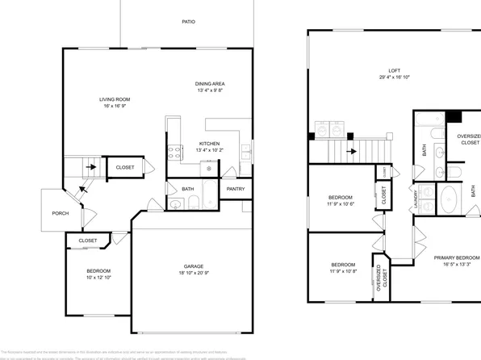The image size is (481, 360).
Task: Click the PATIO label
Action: [187, 23]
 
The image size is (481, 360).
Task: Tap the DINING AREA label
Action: [209, 83]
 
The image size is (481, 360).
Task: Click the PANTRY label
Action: [236, 189]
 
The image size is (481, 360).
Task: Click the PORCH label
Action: [60, 214]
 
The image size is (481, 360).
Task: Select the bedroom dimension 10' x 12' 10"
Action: [98, 278]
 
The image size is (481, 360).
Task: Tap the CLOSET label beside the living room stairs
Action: [124, 167]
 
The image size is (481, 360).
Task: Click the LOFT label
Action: [395, 70]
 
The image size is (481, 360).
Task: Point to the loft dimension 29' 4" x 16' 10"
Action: [395, 77]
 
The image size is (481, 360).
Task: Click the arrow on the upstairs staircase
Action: [350, 149]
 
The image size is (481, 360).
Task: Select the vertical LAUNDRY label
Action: [416, 197]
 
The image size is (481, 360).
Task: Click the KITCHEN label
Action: [208, 144]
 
